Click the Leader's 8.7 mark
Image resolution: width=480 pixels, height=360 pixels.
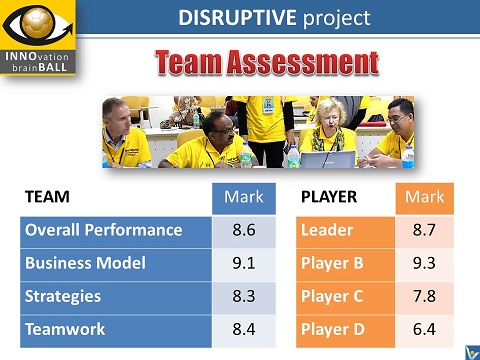pos(424,231)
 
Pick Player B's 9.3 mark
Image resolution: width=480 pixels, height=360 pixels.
pos(424,264)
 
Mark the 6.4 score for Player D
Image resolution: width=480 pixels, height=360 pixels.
pos(424,330)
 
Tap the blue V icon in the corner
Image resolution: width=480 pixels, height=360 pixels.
pos(470,351)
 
